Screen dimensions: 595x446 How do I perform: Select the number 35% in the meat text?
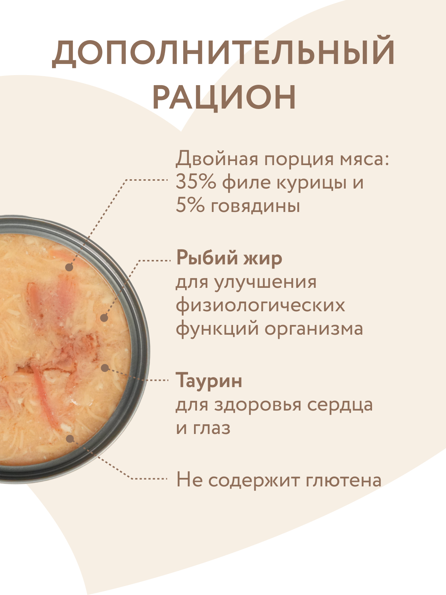pyautogui.click(x=195, y=182)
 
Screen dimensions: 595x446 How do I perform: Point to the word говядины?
pyautogui.click(x=255, y=206)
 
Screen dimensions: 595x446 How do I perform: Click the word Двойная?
pyautogui.click(x=217, y=159)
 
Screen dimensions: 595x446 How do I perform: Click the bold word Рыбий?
pyautogui.click(x=206, y=258)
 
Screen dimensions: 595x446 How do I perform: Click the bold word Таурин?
pyautogui.click(x=209, y=380)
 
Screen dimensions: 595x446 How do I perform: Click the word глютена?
pyautogui.click(x=344, y=480)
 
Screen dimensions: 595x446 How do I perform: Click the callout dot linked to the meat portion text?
pyautogui.click(x=69, y=267)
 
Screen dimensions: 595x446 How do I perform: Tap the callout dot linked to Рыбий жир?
pyautogui.click(x=104, y=318)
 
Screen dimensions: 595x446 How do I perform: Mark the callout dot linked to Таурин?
pyautogui.click(x=105, y=368)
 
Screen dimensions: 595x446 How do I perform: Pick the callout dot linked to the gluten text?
pyautogui.click(x=69, y=438)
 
